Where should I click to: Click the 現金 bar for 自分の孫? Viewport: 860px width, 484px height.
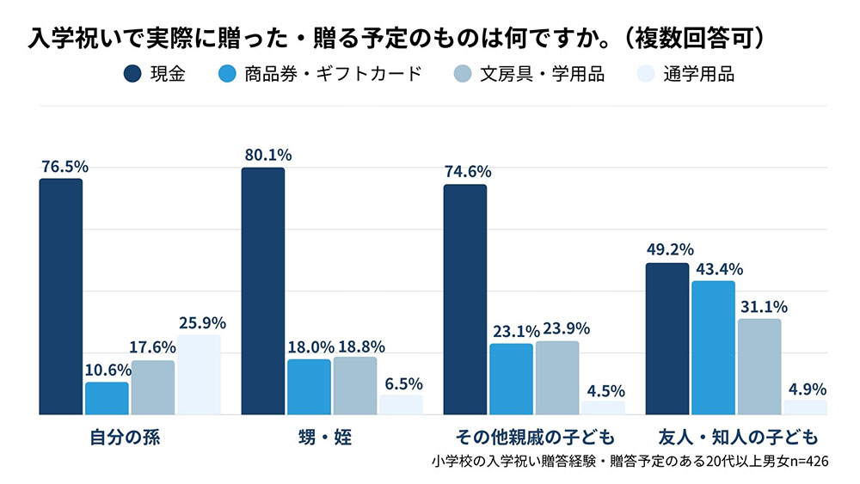(60, 297)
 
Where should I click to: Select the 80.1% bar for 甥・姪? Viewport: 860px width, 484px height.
(262, 291)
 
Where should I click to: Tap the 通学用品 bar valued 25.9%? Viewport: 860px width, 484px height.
(199, 375)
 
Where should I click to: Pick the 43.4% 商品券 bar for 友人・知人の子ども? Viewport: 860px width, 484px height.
(713, 347)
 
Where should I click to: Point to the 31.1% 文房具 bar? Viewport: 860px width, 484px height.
(759, 366)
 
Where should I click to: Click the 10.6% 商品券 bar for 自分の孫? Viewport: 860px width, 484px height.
(107, 398)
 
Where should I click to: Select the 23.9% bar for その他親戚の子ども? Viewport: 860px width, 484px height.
(557, 377)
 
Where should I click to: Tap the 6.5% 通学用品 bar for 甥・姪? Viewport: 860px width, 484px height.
(401, 405)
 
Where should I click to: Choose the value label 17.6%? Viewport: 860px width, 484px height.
(152, 347)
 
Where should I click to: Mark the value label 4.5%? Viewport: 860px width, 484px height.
(603, 390)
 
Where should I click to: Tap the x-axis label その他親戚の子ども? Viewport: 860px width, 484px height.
(535, 437)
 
